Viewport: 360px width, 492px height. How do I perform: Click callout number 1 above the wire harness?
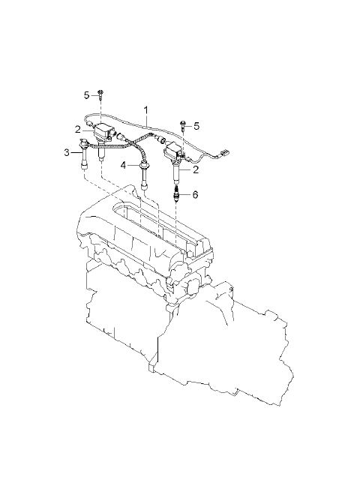click(146, 110)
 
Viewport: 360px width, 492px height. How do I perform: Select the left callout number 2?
click(77, 129)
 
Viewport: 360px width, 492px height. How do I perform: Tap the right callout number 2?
click(196, 169)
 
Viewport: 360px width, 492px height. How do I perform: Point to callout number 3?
click(67, 153)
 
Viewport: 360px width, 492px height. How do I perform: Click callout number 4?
click(124, 165)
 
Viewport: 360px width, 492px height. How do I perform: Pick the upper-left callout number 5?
click(87, 95)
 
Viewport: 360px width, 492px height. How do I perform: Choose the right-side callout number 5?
click(196, 126)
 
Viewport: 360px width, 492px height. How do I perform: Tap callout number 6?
click(195, 195)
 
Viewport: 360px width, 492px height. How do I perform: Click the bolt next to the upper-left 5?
click(100, 94)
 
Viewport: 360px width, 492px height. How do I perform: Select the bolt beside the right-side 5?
click(183, 126)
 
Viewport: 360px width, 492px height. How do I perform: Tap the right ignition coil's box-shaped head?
click(173, 152)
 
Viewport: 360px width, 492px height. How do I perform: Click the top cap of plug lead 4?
click(145, 164)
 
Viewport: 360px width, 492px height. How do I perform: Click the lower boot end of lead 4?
click(145, 187)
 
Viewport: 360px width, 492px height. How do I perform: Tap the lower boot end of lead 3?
click(84, 166)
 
